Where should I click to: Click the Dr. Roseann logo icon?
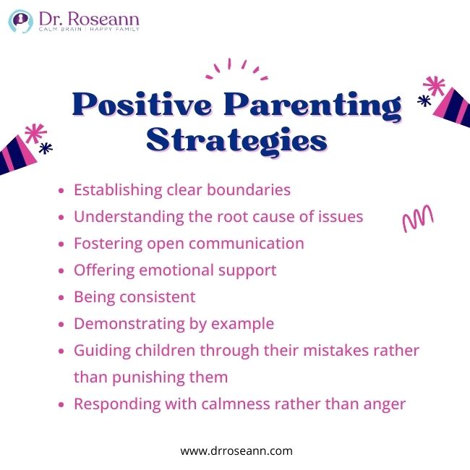click(x=21, y=21)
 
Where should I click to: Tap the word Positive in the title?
click(x=137, y=106)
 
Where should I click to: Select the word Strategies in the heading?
click(x=236, y=139)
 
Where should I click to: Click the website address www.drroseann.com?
click(x=236, y=450)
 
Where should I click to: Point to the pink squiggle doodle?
click(x=417, y=218)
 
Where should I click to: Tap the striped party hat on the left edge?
click(x=17, y=151)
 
